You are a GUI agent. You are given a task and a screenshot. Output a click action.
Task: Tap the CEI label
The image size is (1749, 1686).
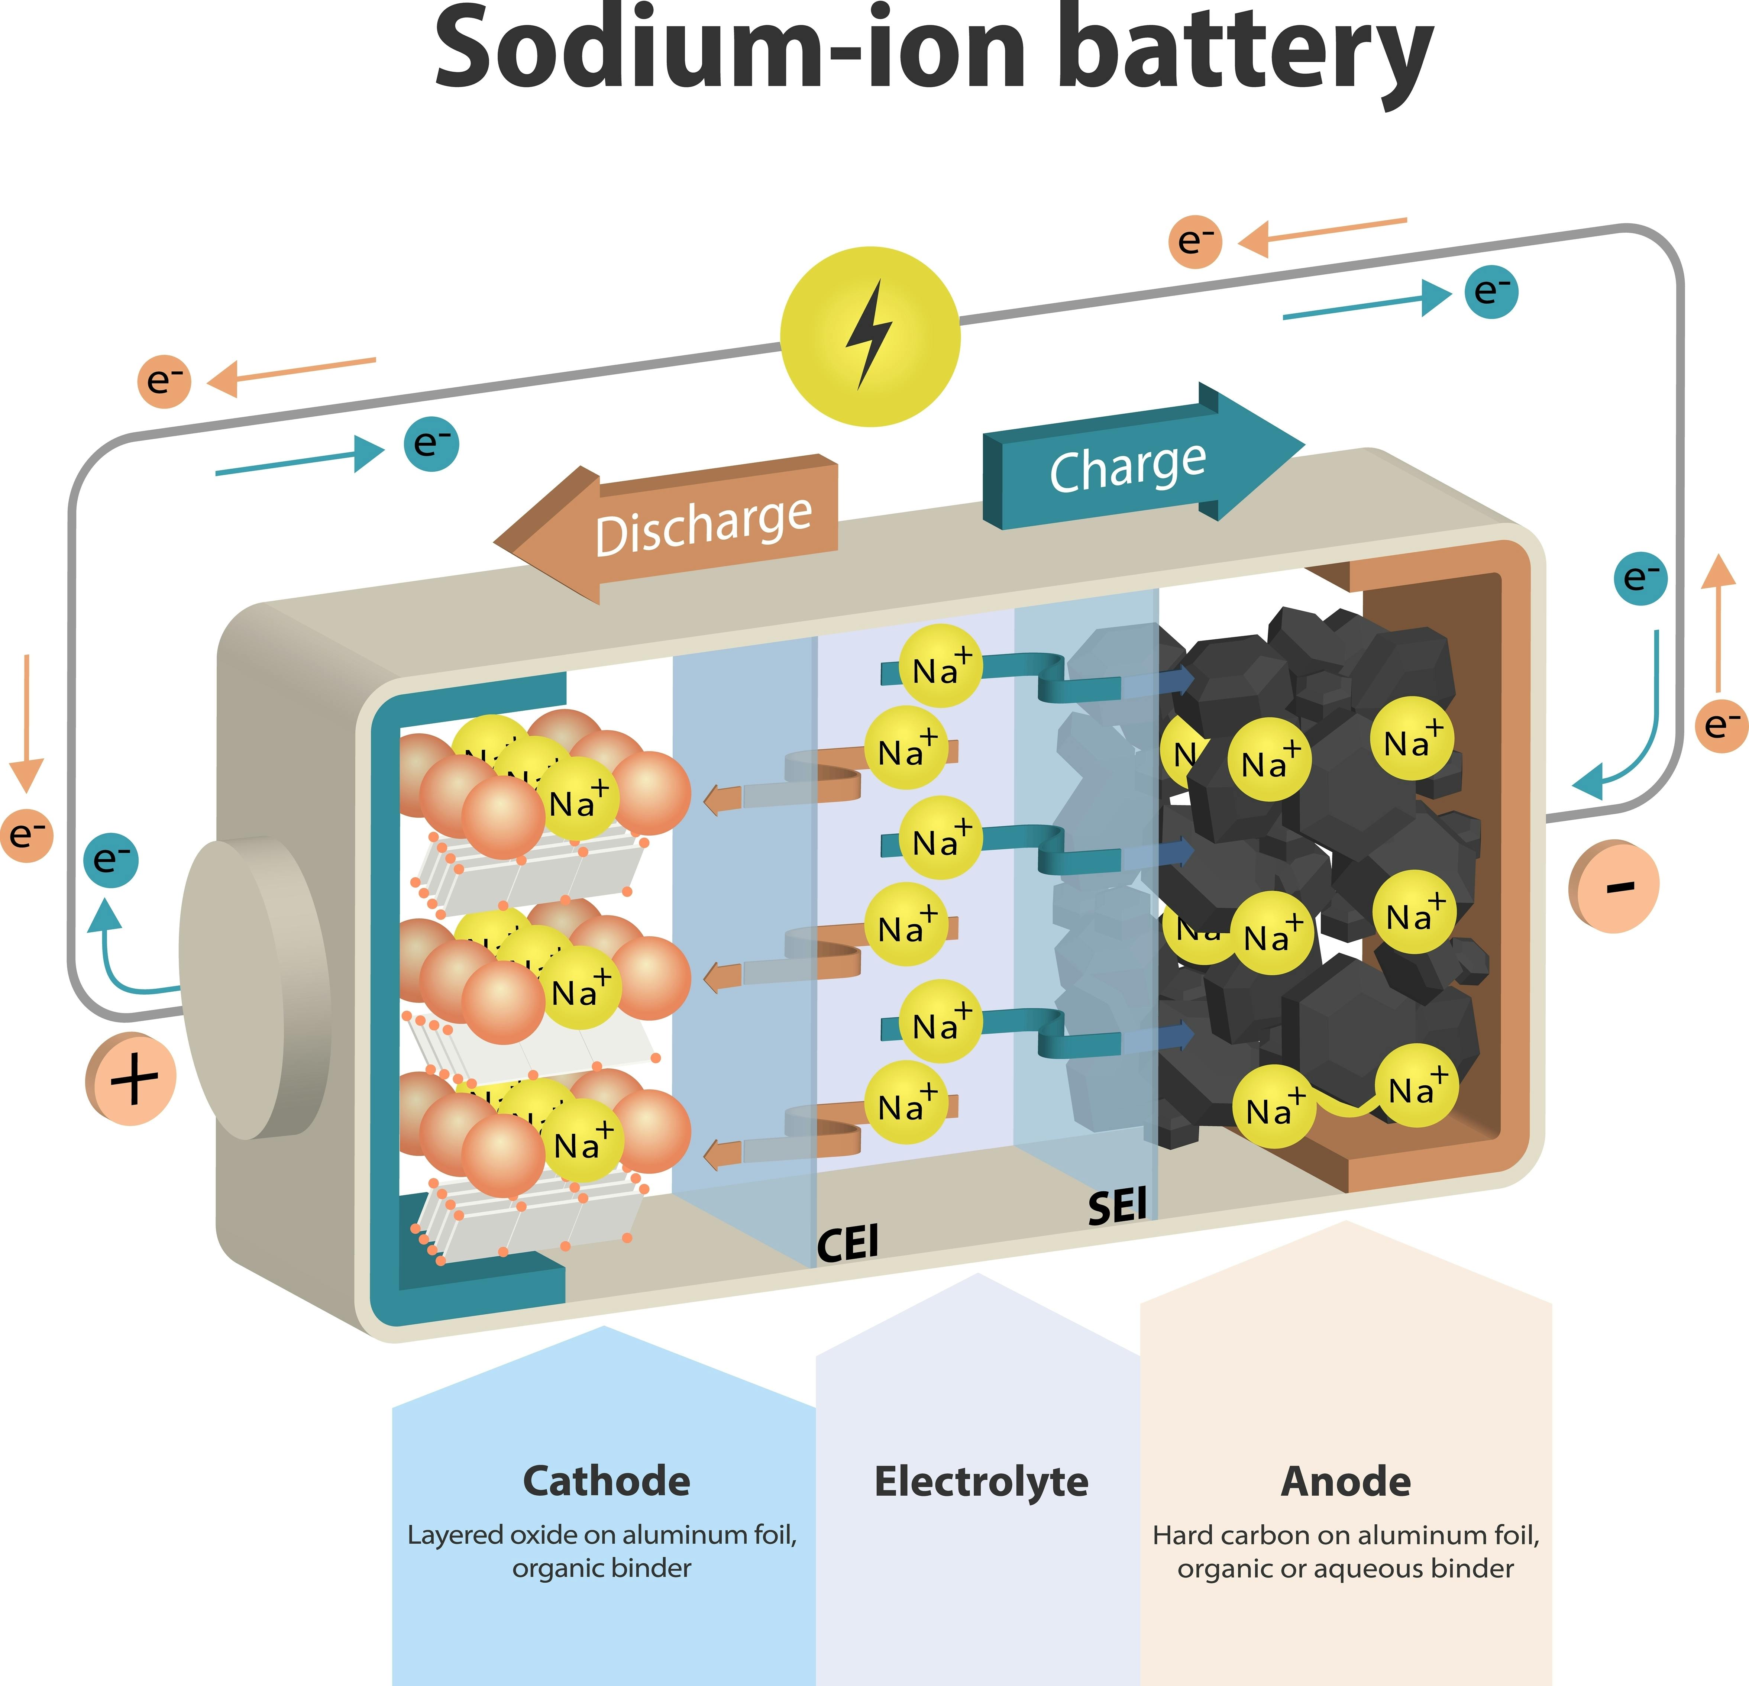848,1243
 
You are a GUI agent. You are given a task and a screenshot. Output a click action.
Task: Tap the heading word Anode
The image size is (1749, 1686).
1346,1482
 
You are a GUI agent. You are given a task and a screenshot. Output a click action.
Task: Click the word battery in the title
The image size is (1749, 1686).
1249,54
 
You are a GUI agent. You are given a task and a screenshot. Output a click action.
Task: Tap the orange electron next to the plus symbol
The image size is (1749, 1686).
27,834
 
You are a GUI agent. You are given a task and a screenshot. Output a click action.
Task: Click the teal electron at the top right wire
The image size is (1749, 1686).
1491,292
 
